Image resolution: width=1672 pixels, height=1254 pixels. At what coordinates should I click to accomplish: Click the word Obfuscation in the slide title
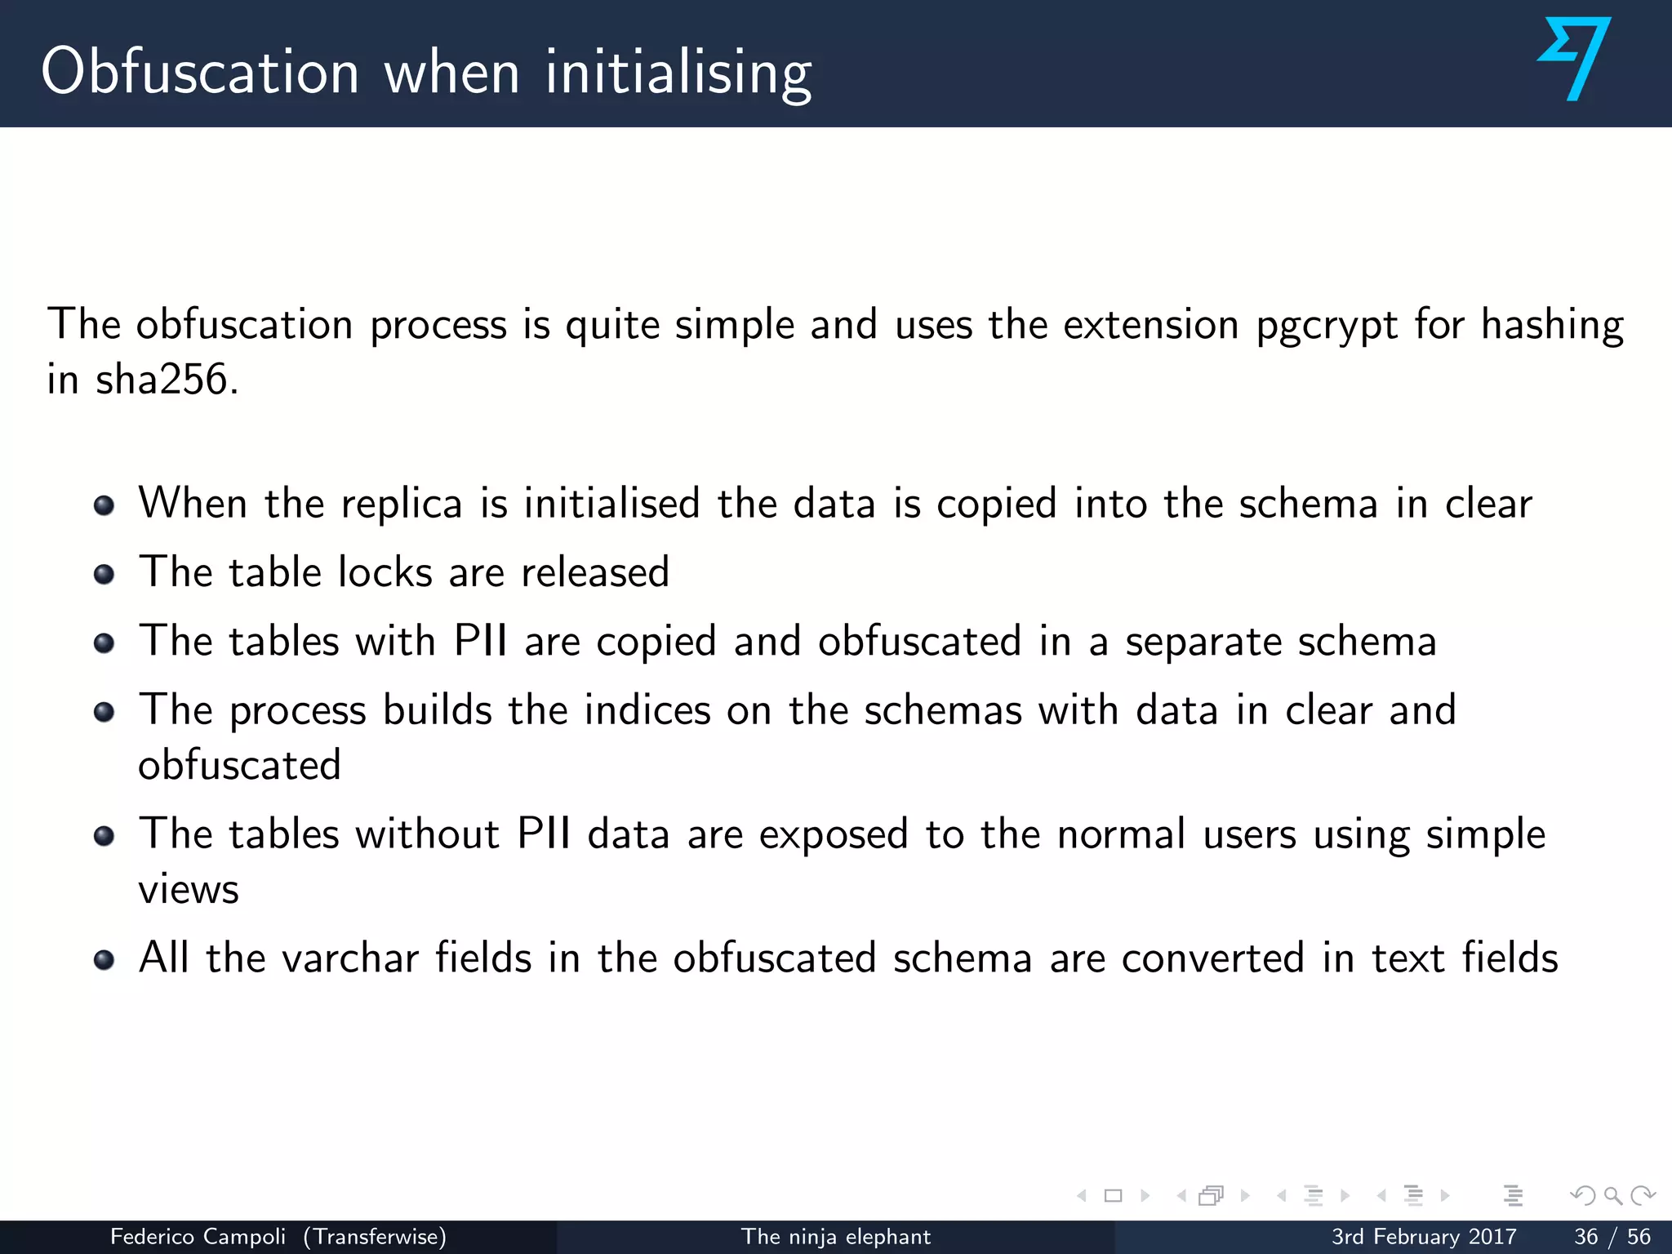tap(200, 72)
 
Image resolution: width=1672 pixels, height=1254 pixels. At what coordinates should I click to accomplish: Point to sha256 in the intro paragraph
tap(162, 380)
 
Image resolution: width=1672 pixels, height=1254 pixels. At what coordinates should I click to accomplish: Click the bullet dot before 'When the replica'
tap(104, 505)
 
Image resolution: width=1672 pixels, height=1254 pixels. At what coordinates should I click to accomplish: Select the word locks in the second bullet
tap(385, 571)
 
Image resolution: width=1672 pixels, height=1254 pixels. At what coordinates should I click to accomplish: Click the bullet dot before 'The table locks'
tap(104, 574)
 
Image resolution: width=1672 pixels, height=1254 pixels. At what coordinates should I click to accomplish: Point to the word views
tap(189, 889)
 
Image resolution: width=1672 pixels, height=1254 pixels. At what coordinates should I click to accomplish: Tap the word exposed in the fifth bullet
tap(834, 834)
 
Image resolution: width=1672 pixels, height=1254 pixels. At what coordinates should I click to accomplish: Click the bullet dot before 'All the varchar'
tap(104, 959)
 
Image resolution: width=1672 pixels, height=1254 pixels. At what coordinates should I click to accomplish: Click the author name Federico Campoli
tap(198, 1237)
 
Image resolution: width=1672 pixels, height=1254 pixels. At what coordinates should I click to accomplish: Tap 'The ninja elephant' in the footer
tap(835, 1237)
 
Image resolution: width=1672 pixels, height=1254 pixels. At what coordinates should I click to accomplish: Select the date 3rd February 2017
tap(1424, 1237)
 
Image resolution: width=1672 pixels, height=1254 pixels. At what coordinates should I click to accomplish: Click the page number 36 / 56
tap(1612, 1237)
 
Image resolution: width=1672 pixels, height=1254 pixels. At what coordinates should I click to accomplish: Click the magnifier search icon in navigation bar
tap(1612, 1196)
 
